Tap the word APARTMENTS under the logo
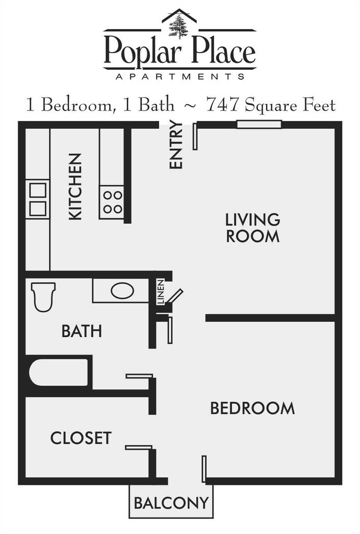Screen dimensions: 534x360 pos(179,76)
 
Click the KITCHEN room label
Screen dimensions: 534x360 pos(76,186)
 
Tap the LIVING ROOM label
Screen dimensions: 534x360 pos(253,227)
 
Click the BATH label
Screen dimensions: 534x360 pos(81,331)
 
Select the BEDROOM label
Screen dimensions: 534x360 pos(252,408)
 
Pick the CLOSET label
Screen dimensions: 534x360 pos(81,438)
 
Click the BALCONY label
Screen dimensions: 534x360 pos(171,503)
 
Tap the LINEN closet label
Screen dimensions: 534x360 pos(161,293)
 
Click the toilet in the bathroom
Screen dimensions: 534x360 pos(43,296)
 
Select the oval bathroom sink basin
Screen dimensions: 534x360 pos(122,290)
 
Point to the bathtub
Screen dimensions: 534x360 pos(58,372)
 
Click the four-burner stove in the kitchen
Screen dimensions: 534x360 pos(112,202)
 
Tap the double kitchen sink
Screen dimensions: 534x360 pos(38,199)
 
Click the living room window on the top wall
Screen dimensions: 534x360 pos(259,124)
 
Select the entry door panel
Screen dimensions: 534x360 pos(195,137)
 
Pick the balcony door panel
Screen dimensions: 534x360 pos(204,468)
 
